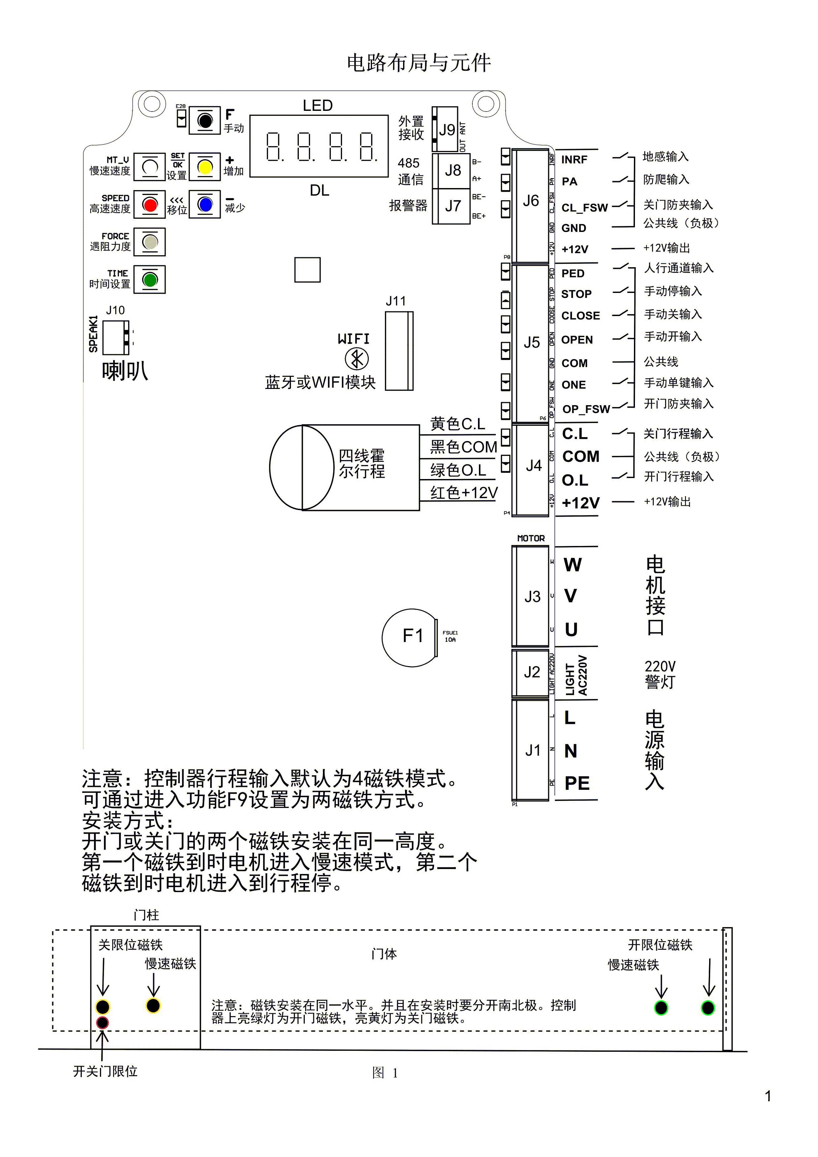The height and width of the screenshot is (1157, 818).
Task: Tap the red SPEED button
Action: (x=150, y=204)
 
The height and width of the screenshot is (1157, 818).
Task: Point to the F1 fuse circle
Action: (x=409, y=637)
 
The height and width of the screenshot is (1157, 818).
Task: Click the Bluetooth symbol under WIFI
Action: (x=357, y=359)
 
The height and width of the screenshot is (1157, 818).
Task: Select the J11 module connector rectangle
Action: (x=399, y=351)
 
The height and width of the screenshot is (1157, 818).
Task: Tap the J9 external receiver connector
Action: (x=446, y=130)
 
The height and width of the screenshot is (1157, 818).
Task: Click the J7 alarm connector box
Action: (x=452, y=206)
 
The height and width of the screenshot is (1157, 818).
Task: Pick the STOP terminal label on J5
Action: (x=576, y=294)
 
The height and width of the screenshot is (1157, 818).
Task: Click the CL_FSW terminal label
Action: (x=584, y=208)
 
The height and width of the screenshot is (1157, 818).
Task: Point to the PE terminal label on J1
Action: (x=577, y=783)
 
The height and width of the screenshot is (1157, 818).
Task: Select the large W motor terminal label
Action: (x=572, y=565)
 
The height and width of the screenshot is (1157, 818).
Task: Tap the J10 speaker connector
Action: (x=116, y=337)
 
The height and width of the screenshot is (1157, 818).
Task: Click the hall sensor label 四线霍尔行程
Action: (x=362, y=464)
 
